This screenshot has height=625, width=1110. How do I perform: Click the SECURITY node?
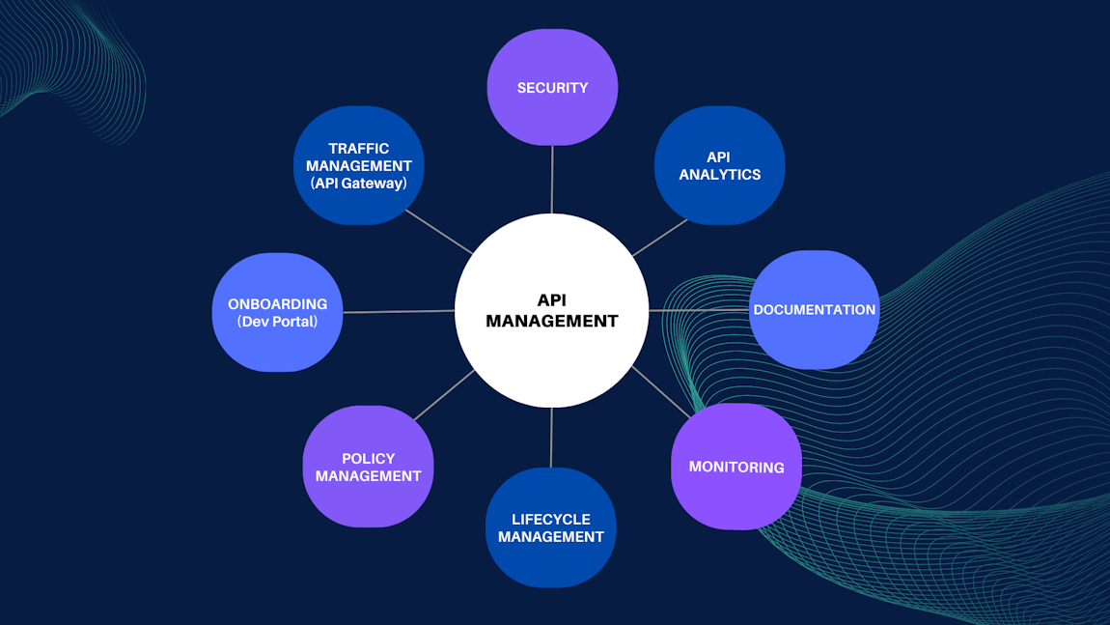pyautogui.click(x=552, y=87)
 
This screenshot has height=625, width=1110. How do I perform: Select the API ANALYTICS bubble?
pyautogui.click(x=719, y=165)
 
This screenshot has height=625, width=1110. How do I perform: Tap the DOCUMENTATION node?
pyautogui.click(x=814, y=310)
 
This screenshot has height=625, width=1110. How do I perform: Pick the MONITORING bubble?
pyautogui.click(x=735, y=467)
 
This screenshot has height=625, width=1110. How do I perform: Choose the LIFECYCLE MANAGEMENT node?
pyautogui.click(x=550, y=527)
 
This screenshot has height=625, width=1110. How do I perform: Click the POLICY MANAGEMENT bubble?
pyautogui.click(x=368, y=467)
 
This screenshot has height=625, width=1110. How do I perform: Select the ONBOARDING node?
pyautogui.click(x=277, y=312)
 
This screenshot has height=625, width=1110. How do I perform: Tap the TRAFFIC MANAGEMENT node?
pyautogui.click(x=358, y=165)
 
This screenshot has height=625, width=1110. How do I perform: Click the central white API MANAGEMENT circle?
pyautogui.click(x=551, y=311)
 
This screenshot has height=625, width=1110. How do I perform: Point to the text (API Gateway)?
pyautogui.click(x=358, y=184)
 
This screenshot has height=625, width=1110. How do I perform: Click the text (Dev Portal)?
pyautogui.click(x=277, y=322)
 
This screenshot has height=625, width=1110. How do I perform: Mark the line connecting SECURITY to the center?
pyautogui.click(x=552, y=180)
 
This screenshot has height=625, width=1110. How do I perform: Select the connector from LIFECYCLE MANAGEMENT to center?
pyautogui.click(x=551, y=438)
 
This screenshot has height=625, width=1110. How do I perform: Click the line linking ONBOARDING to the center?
pyautogui.click(x=399, y=311)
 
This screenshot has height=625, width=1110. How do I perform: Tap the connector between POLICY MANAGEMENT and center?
pyautogui.click(x=444, y=395)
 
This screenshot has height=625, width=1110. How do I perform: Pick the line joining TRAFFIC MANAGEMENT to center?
pyautogui.click(x=440, y=232)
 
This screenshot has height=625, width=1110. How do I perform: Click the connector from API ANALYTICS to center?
pyautogui.click(x=660, y=238)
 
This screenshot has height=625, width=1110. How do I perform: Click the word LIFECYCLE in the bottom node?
pyautogui.click(x=550, y=519)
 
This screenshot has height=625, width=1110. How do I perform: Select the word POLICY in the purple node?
pyautogui.click(x=368, y=459)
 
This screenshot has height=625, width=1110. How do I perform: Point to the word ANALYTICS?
pyautogui.click(x=719, y=175)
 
